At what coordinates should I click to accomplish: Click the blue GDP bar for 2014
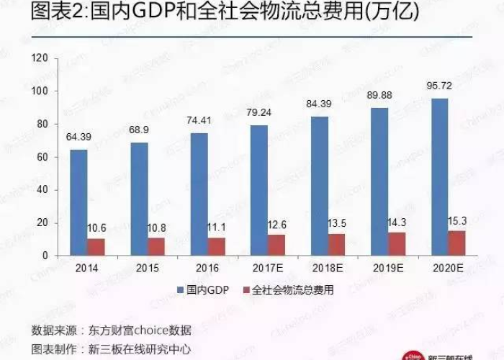79,202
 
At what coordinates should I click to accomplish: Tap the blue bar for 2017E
259,190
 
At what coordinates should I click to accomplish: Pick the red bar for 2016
217,246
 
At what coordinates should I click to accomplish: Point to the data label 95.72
438,86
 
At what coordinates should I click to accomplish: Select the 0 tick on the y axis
45,256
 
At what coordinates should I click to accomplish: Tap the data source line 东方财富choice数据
112,330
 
